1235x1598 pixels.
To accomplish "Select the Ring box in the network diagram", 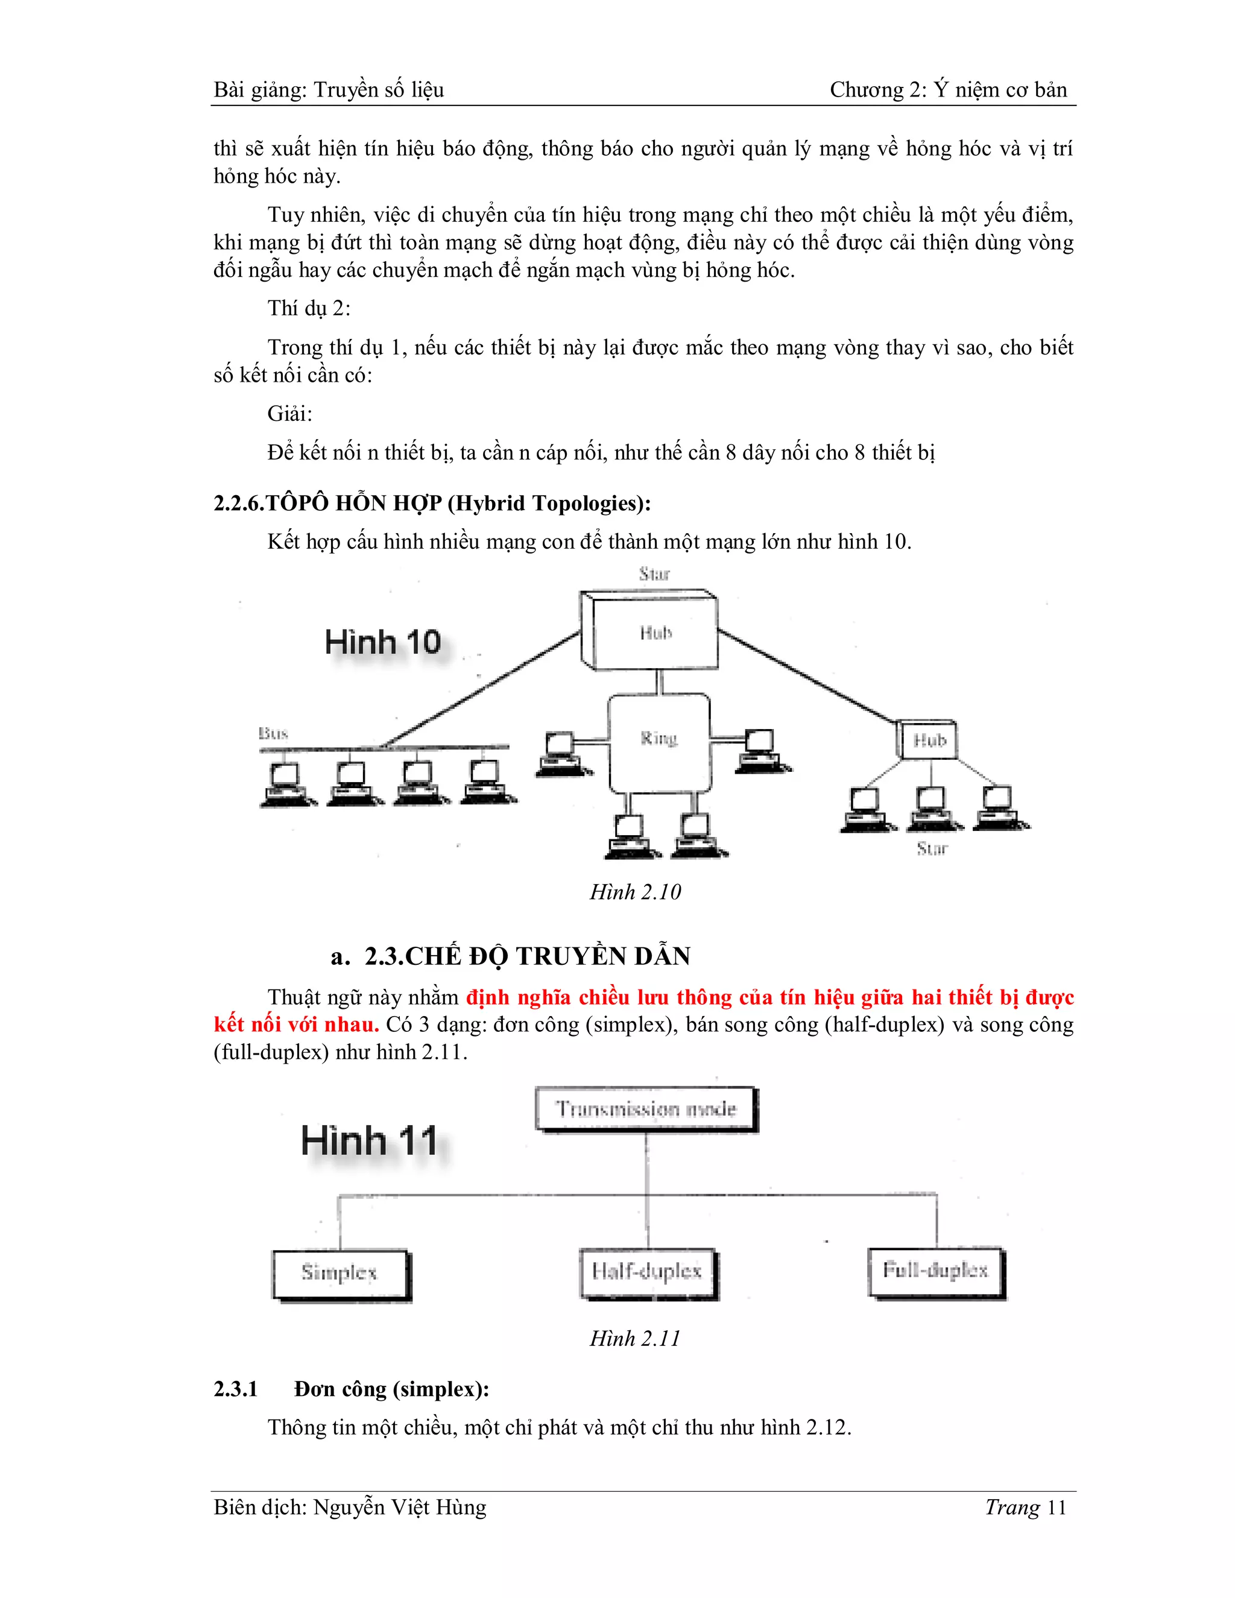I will point(659,743).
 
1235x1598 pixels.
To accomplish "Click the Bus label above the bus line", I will point(274,733).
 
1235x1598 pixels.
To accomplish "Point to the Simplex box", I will point(340,1275).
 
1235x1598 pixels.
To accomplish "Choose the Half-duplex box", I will point(648,1273).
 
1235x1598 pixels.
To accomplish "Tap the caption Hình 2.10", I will point(635,892).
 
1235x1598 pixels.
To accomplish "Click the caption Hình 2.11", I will point(635,1338).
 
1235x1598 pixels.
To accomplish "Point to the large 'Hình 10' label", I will point(383,643).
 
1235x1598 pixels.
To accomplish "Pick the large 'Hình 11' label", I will point(370,1141).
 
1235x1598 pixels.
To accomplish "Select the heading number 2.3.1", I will point(236,1389).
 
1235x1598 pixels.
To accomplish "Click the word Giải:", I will point(289,414).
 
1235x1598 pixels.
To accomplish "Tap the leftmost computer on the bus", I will point(285,785).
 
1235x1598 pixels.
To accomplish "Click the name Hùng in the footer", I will point(460,1508).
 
